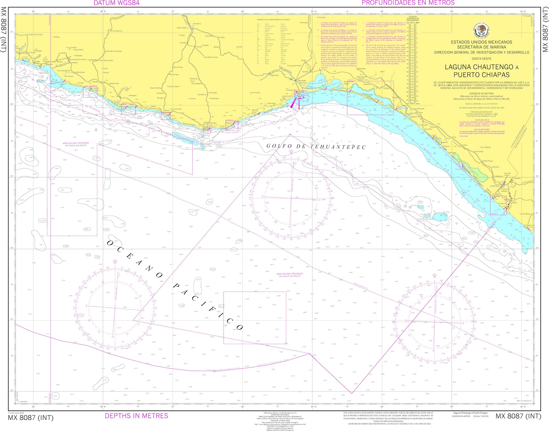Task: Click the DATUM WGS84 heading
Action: tap(116, 3)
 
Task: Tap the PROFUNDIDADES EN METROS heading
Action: tap(408, 3)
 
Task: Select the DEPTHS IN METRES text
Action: tap(136, 416)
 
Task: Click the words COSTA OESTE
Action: tap(481, 59)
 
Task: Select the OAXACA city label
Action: tap(197, 24)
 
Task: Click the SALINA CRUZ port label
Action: tap(292, 90)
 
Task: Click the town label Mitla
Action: tap(223, 37)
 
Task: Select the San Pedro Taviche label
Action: tap(211, 57)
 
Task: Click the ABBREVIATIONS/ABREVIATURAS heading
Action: tap(273, 20)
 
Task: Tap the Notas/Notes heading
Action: tap(321, 17)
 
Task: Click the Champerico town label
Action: tap(529, 225)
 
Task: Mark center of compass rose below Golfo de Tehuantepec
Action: tap(291, 198)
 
